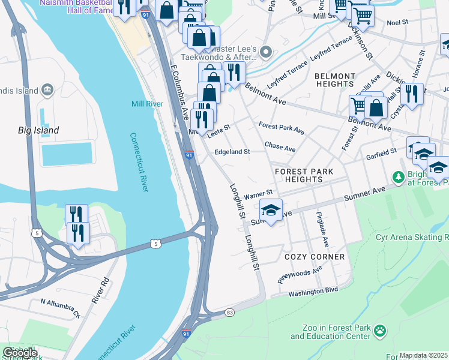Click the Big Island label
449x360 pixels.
(37, 130)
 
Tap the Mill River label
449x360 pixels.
(148, 104)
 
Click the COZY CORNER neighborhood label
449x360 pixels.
(315, 257)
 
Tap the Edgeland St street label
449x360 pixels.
(232, 152)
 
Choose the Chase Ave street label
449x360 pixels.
(280, 147)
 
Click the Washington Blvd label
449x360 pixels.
(313, 291)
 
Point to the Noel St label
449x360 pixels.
(397, 22)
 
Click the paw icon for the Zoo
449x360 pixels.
(380, 331)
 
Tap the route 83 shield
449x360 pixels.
(229, 313)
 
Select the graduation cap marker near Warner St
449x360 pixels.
(271, 211)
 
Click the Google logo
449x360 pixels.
(20, 352)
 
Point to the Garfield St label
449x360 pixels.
(382, 155)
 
